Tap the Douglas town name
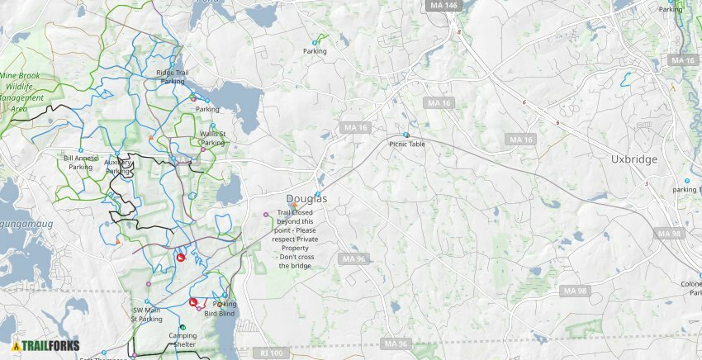[x=306, y=199]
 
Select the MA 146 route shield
[x=443, y=5]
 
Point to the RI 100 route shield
[x=271, y=353]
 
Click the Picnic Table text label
[x=406, y=144]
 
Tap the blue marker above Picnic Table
[x=406, y=135]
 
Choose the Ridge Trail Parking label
[x=172, y=77]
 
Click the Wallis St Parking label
[x=212, y=138]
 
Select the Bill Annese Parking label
[x=80, y=162]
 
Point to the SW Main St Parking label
[x=147, y=315]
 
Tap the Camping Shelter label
[x=183, y=340]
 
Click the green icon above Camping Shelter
[x=183, y=328]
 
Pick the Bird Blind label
[x=220, y=314]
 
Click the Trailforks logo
[x=46, y=346]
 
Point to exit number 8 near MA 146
[x=458, y=32]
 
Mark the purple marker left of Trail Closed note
[x=265, y=215]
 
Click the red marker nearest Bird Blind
[x=193, y=302]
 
